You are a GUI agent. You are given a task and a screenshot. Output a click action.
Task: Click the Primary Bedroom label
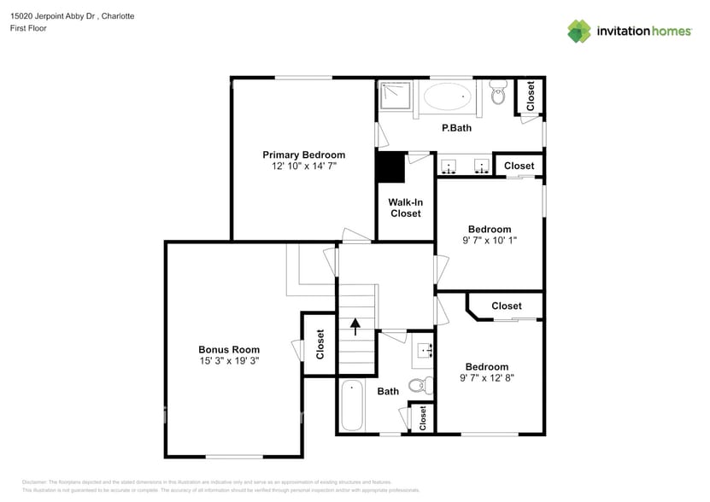tap(303, 155)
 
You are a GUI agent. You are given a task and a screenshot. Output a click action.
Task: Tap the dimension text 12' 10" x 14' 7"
tap(303, 166)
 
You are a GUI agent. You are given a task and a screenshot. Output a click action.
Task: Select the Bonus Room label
tap(229, 349)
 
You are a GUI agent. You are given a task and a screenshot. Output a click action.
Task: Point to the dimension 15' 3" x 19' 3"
tap(229, 361)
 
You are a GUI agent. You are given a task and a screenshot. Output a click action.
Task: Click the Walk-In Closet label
tap(406, 207)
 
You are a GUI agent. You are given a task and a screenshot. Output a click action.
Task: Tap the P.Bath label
tap(455, 128)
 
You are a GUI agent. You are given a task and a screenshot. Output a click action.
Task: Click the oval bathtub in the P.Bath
tap(448, 96)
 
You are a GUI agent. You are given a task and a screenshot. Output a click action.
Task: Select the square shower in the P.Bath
tap(395, 96)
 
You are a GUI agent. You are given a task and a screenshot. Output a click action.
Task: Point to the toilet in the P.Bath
tap(497, 95)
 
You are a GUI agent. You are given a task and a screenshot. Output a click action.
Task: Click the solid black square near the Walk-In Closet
tap(390, 166)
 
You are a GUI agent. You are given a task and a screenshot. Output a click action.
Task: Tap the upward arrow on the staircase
tap(355, 326)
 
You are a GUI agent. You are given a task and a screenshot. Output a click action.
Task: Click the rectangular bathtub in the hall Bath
tap(351, 406)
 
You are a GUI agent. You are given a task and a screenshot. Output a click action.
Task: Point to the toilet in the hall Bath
tap(417, 386)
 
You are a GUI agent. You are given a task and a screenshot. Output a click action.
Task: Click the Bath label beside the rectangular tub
tap(388, 391)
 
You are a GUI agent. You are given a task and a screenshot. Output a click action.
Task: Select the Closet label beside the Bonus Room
tap(320, 343)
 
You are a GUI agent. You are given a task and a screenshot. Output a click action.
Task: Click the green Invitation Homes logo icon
tap(579, 31)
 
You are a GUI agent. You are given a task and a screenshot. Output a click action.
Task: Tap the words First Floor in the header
tap(29, 28)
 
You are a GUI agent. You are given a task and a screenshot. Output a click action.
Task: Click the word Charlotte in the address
tap(117, 16)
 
